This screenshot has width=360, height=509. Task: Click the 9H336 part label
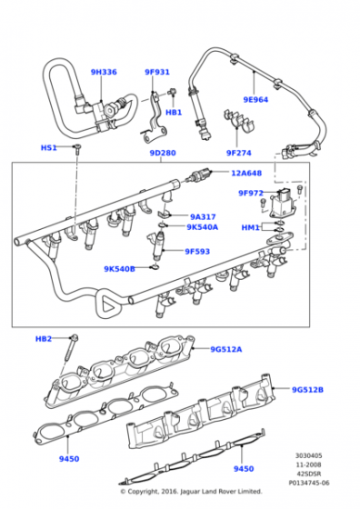point(104,72)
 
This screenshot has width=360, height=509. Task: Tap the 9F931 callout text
point(157,72)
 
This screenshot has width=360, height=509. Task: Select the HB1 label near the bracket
point(174,113)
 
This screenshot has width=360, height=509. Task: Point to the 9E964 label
point(255,99)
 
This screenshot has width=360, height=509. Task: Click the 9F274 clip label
point(238,153)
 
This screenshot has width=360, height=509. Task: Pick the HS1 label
point(49,147)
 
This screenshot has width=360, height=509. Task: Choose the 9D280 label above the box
point(163,153)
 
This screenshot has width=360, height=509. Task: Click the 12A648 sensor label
point(246,173)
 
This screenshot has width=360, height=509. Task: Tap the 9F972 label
point(251,193)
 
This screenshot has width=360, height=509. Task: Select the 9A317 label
point(203,216)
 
